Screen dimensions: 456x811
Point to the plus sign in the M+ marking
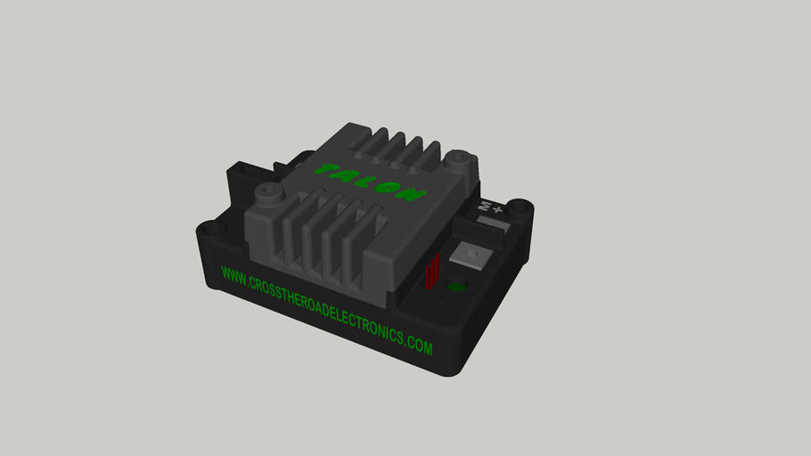pos(498,210)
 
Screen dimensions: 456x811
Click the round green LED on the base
pos(457,287)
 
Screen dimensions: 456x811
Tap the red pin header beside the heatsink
pos(433,271)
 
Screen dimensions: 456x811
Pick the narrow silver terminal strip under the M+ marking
pos(479,227)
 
